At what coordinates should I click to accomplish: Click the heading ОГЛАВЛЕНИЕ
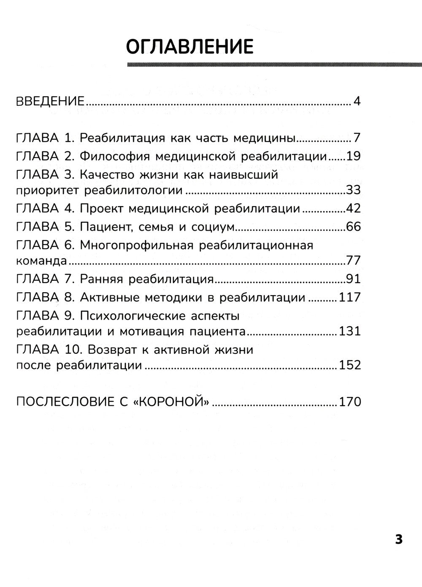[x=189, y=46]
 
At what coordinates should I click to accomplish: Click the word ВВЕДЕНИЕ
[x=50, y=102]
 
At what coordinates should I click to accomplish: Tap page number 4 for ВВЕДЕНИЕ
[x=357, y=102]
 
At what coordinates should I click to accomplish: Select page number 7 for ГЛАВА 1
[x=357, y=138]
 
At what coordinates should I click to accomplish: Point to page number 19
[x=353, y=156]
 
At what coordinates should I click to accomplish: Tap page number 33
[x=353, y=190]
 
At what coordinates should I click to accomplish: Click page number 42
[x=353, y=209]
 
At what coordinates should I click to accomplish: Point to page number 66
[x=353, y=227]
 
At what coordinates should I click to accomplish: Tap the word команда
[x=41, y=261]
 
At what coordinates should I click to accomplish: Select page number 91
[x=353, y=279]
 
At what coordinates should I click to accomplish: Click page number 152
[x=350, y=365]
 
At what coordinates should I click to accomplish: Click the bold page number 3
[x=398, y=539]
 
